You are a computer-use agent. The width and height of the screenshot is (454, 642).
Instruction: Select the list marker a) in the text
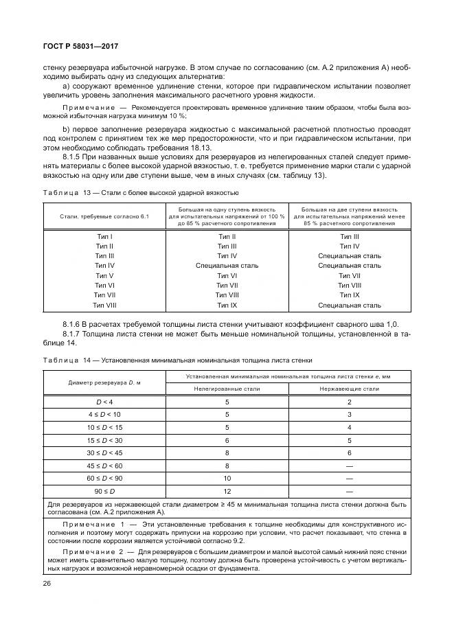pyautogui.click(x=66, y=86)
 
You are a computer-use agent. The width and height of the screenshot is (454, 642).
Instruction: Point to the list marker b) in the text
pyautogui.click(x=66, y=128)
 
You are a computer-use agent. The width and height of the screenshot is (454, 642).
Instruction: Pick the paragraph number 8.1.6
pyautogui.click(x=73, y=324)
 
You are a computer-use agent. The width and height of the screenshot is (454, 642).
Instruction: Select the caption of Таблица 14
pyautogui.click(x=178, y=360)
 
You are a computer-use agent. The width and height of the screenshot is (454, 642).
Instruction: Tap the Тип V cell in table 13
pyautogui.click(x=104, y=275)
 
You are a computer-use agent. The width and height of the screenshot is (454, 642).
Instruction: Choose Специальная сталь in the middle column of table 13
pyautogui.click(x=227, y=266)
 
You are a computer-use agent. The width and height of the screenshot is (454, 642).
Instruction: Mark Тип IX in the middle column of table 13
pyautogui.click(x=227, y=304)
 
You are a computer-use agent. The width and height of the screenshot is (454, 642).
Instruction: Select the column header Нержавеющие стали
pyautogui.click(x=349, y=389)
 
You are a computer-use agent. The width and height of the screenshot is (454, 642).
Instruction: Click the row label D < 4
pyautogui.click(x=104, y=401)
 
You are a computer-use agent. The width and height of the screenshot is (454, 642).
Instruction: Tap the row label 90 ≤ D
pyautogui.click(x=104, y=492)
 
